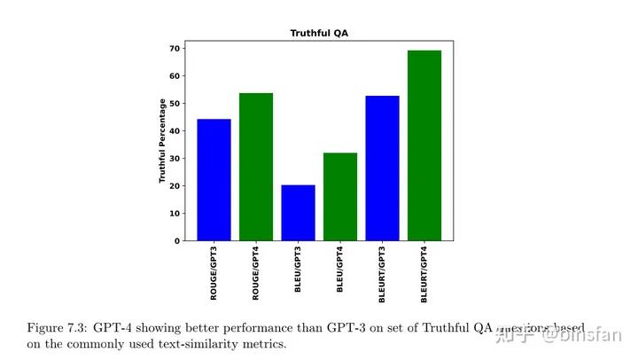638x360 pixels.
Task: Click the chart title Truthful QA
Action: point(318,33)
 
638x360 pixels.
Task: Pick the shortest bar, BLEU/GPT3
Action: point(298,213)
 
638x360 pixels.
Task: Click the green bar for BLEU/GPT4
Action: point(340,197)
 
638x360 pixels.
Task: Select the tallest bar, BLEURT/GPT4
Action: point(424,145)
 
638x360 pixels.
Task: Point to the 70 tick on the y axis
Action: point(176,48)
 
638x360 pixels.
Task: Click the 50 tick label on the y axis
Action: point(176,103)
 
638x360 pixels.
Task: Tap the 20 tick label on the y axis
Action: point(176,185)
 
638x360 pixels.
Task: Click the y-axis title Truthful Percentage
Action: point(163,141)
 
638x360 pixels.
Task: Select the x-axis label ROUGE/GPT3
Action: point(214,275)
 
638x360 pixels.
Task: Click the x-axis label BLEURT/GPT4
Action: point(425,277)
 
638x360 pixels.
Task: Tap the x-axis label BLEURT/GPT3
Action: point(383,277)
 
